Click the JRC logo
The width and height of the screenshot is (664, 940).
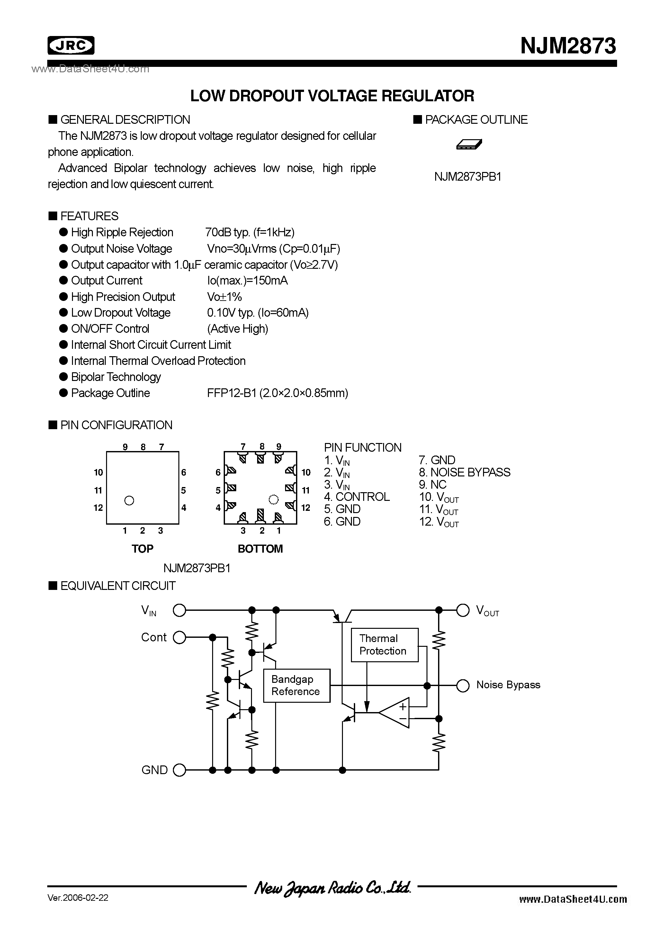71,45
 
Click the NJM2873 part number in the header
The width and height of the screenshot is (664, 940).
568,46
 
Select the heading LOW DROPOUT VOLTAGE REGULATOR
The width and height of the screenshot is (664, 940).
332,96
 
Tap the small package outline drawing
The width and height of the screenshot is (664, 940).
469,144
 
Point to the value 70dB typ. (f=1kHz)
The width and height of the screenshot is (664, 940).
250,232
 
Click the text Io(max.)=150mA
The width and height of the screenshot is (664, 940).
247,281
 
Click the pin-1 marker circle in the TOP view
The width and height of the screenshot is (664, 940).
130,500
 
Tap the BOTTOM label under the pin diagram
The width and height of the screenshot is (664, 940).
260,549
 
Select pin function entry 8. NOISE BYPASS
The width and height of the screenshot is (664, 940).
465,473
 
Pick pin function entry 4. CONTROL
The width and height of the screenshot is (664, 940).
356,497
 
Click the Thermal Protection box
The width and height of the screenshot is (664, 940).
384,645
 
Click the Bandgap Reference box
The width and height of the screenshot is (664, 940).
296,686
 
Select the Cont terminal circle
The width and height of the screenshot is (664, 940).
179,637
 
